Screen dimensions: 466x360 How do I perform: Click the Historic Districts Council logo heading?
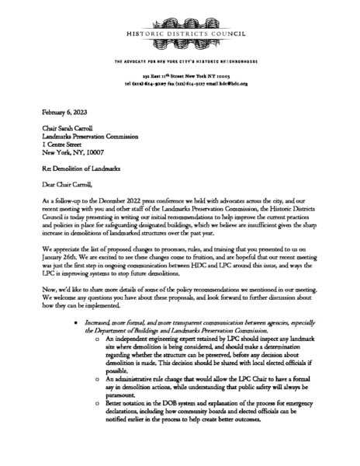point(180,36)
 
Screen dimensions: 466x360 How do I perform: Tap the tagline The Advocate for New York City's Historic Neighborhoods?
point(180,60)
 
